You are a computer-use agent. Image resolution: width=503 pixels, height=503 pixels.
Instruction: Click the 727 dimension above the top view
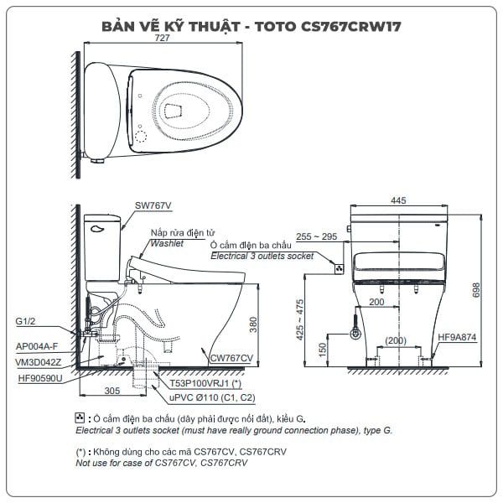[x=162, y=38]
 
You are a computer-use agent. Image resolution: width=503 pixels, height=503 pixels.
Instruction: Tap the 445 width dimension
[x=398, y=200]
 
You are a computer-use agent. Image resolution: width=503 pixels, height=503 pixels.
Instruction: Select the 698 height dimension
[x=476, y=290]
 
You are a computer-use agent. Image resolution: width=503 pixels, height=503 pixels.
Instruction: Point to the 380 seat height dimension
[x=253, y=324]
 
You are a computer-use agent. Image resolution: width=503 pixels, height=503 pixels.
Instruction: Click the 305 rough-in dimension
[x=112, y=391]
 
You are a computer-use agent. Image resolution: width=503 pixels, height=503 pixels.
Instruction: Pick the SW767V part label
[x=153, y=205]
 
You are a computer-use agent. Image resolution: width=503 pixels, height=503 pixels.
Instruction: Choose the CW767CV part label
[x=231, y=358]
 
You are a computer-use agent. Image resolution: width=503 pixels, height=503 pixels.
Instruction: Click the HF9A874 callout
[x=457, y=337]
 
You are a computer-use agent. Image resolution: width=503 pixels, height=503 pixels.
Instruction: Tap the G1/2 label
[x=25, y=321]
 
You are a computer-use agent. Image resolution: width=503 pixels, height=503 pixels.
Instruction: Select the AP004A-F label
[x=37, y=346]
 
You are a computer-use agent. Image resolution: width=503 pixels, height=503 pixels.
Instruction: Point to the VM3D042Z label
[x=39, y=362]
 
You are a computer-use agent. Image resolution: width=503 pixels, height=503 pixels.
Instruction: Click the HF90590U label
[x=40, y=378]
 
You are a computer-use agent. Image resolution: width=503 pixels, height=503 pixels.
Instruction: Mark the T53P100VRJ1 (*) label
[x=205, y=383]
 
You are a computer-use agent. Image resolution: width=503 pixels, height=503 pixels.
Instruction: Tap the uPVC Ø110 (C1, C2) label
[x=212, y=397]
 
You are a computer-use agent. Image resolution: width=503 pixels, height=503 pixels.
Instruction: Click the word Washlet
[x=167, y=243]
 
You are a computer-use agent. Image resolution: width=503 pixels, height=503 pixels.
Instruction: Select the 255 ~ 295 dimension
[x=316, y=236]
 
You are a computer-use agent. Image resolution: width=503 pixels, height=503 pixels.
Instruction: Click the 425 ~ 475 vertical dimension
[x=299, y=319]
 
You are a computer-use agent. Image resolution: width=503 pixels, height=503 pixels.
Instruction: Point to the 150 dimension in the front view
[x=323, y=350]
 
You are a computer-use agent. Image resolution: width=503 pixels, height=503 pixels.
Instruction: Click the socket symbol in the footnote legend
[x=80, y=417]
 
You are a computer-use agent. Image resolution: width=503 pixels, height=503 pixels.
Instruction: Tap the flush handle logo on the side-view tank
[x=97, y=229]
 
